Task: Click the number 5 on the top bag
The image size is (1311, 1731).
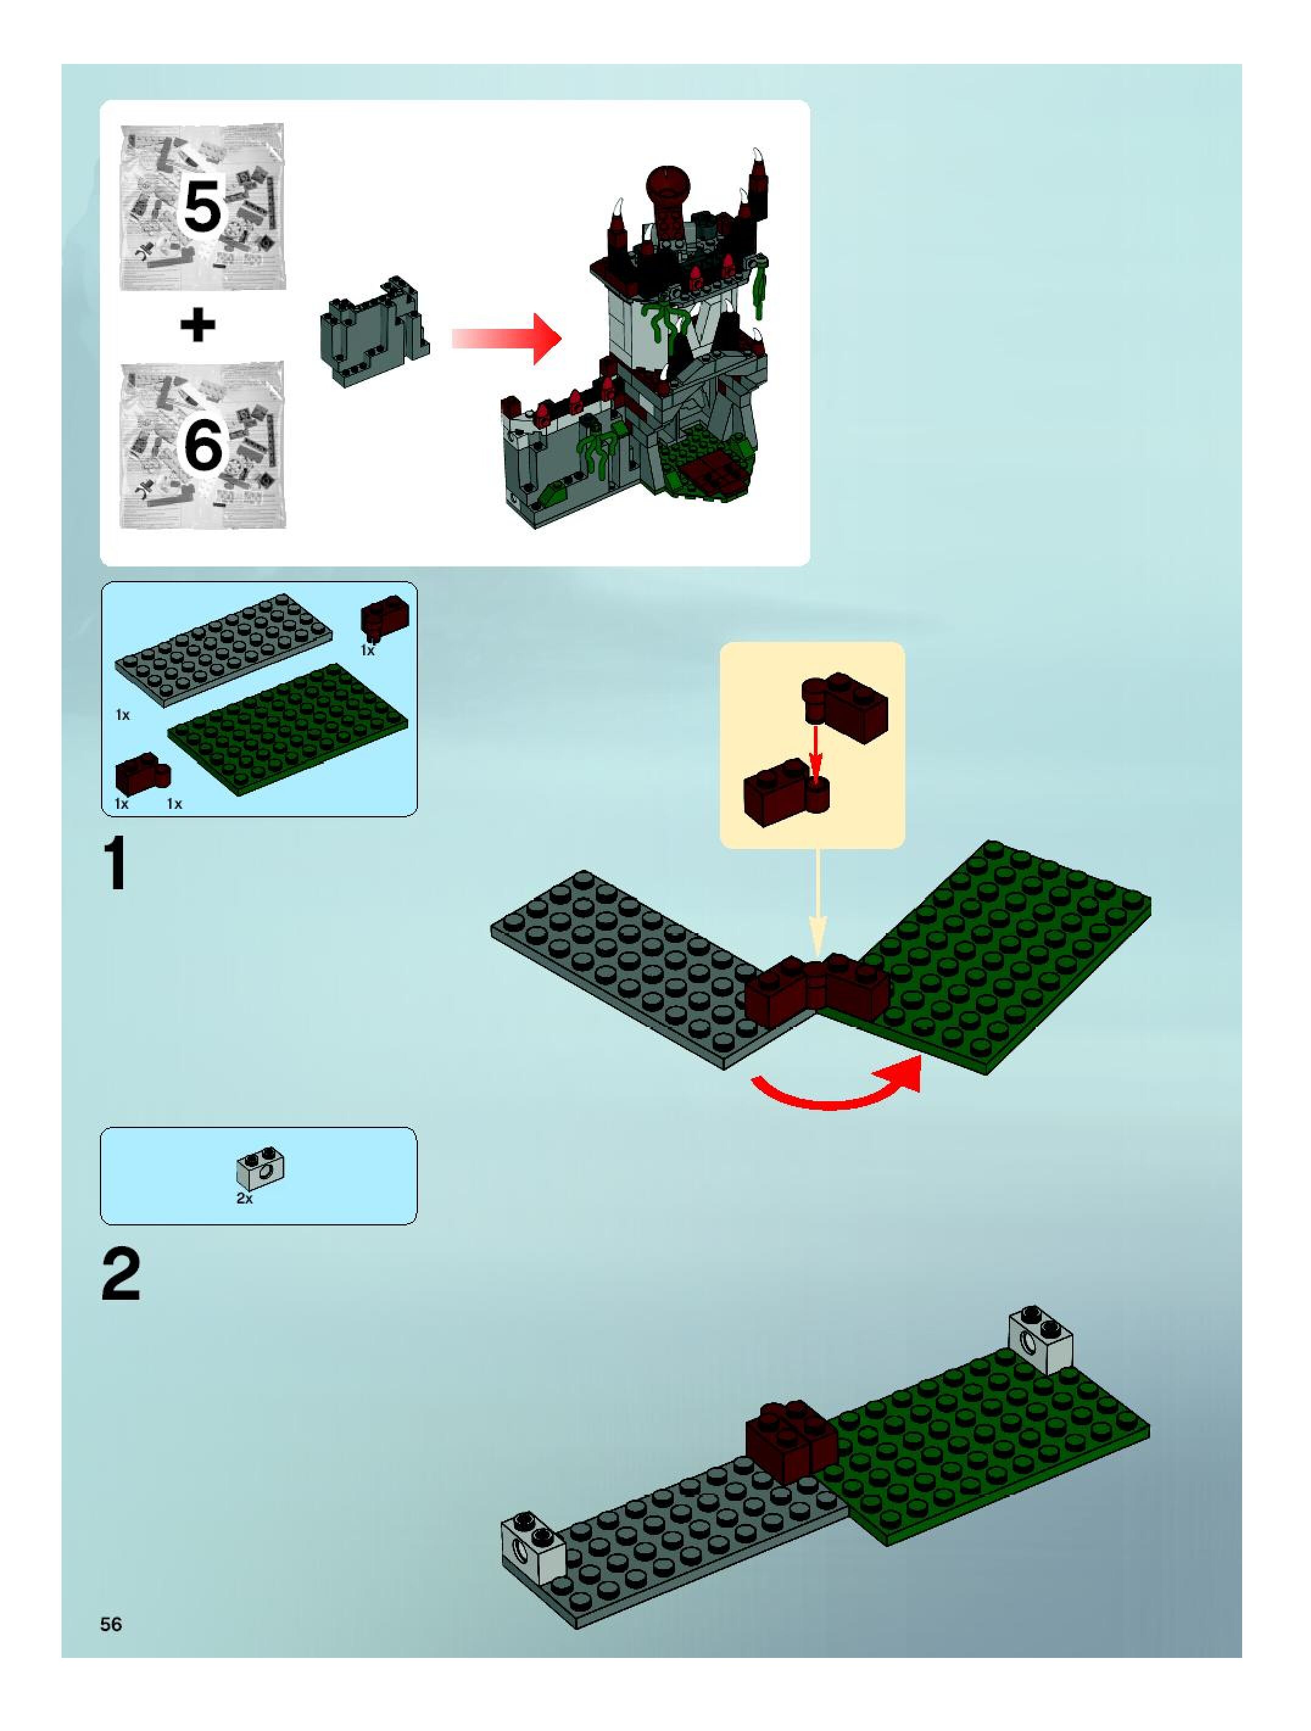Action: click(202, 206)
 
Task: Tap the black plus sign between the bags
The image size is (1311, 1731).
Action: click(198, 325)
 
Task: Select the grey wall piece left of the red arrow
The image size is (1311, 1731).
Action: click(373, 332)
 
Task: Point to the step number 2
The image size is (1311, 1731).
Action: click(121, 1275)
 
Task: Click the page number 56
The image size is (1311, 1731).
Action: click(111, 1624)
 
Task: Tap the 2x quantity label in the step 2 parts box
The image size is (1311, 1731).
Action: click(244, 1198)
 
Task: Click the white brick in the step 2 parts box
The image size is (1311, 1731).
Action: click(261, 1168)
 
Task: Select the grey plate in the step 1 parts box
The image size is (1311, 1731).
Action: click(224, 649)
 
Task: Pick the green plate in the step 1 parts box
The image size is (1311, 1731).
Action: click(288, 728)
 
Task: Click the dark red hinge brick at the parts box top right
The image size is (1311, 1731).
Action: click(384, 616)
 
